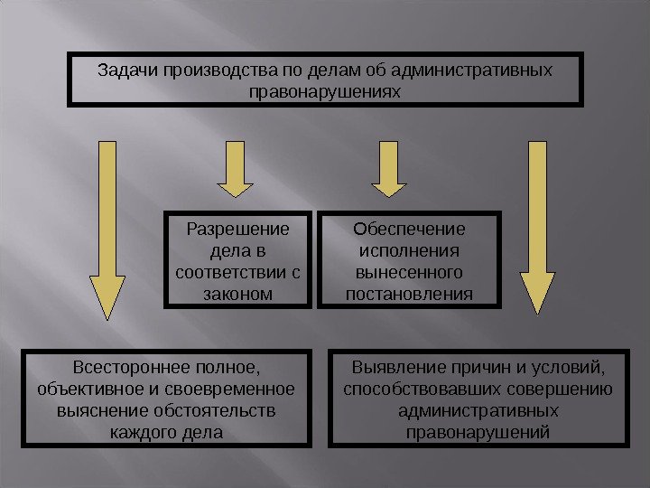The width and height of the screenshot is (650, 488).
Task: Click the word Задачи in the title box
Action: [x=125, y=70]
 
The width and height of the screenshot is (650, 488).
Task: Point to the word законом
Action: [x=235, y=295]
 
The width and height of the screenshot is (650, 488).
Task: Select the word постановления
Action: [x=409, y=295]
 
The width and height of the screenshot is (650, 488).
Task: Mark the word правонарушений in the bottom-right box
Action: [x=478, y=434]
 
